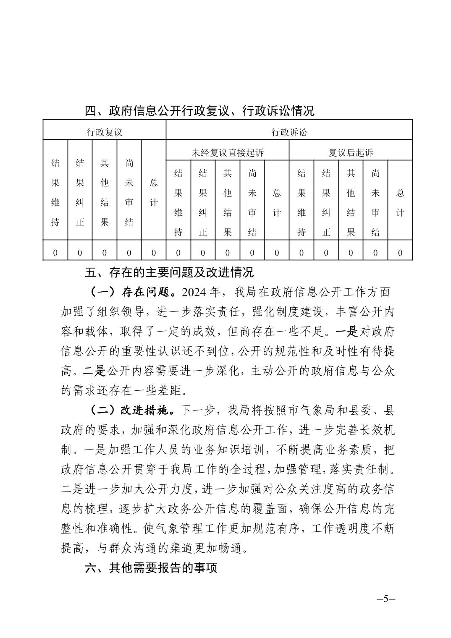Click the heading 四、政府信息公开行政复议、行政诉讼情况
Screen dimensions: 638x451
click(x=199, y=111)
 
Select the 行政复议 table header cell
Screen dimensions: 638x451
click(x=105, y=132)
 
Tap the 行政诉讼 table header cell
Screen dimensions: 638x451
click(x=289, y=132)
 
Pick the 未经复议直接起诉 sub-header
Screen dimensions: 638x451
click(x=228, y=152)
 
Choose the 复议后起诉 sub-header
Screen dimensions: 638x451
click(x=351, y=152)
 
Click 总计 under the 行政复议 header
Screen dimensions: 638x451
click(x=154, y=193)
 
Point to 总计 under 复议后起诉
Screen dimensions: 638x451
click(x=400, y=203)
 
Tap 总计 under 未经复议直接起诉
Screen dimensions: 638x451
click(x=277, y=203)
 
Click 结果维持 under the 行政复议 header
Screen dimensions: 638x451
click(x=55, y=193)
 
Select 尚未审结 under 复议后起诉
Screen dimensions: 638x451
click(x=375, y=203)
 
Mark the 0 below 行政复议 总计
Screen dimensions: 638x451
click(x=154, y=253)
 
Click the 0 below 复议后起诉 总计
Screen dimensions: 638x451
click(x=400, y=253)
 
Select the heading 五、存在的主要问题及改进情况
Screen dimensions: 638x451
click(x=169, y=272)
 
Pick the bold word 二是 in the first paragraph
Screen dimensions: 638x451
click(x=94, y=371)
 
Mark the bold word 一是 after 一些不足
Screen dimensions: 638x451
click(x=347, y=331)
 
